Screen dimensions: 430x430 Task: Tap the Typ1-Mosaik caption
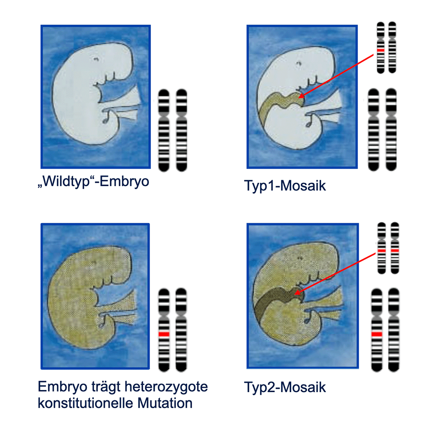(x=285, y=186)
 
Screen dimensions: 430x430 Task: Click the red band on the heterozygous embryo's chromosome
(x=164, y=334)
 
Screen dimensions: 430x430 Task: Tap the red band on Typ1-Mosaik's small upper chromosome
(x=380, y=50)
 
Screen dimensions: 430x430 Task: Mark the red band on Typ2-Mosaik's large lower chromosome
(x=377, y=334)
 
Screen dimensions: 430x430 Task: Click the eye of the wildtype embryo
(x=95, y=59)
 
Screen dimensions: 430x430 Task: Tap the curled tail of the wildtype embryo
(x=106, y=120)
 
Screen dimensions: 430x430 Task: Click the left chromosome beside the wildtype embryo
(x=164, y=129)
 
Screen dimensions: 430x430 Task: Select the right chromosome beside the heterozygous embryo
(x=181, y=329)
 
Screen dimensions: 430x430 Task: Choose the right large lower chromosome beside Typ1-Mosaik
(x=391, y=129)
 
